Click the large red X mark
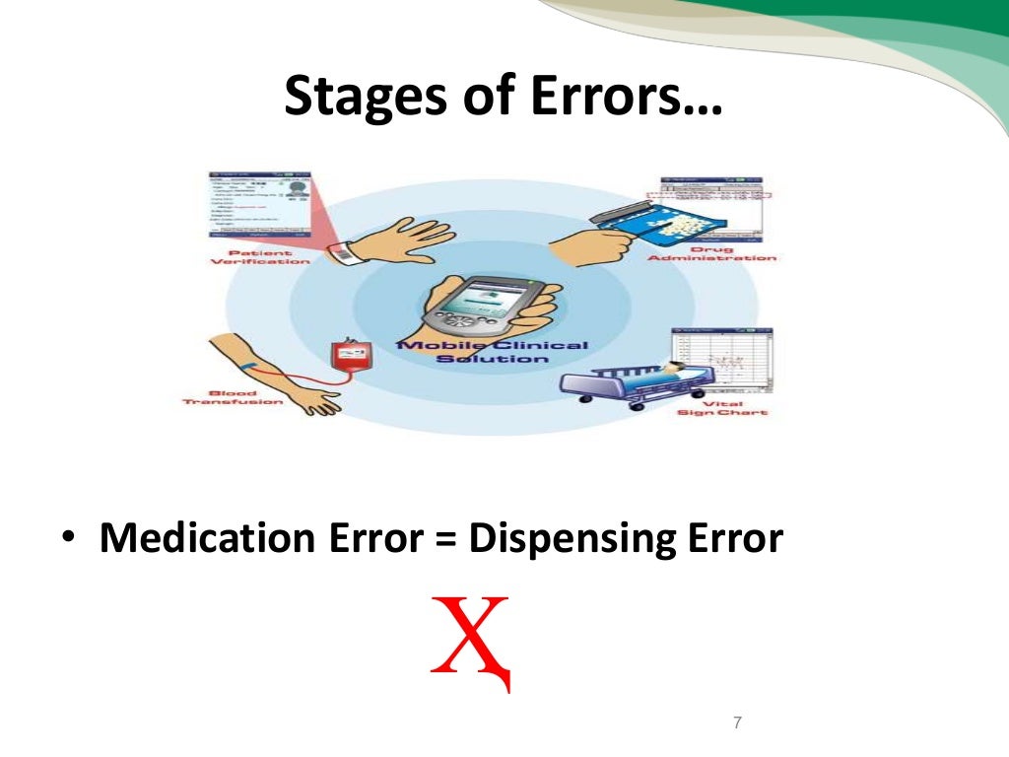(x=472, y=639)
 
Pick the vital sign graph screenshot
(x=721, y=360)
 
